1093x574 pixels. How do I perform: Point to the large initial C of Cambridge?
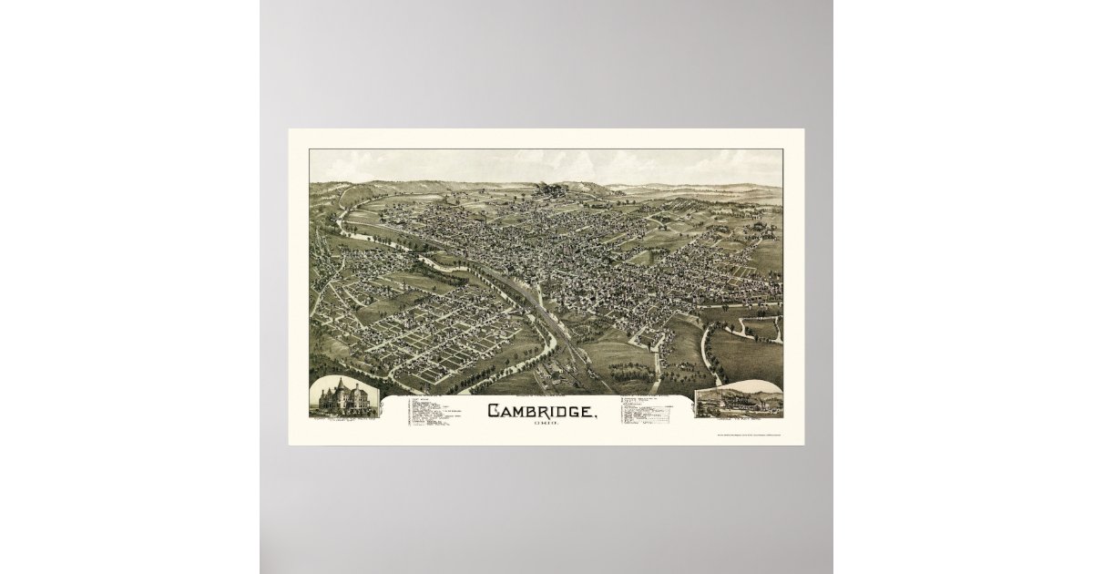tap(494, 411)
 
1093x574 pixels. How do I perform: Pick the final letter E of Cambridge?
tap(590, 412)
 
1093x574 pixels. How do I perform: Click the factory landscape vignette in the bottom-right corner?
tap(738, 399)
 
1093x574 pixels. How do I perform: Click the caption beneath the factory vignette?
tap(738, 420)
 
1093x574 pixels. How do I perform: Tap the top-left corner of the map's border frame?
tap(311, 150)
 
